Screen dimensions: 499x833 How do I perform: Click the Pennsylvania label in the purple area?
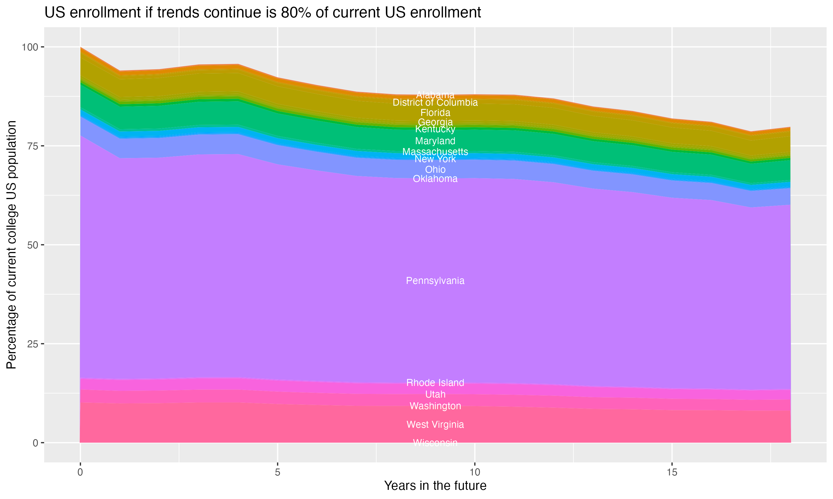point(435,281)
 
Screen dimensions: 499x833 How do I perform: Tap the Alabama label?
point(435,95)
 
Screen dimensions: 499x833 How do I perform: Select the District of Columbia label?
point(435,103)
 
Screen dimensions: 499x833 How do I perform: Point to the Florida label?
point(435,113)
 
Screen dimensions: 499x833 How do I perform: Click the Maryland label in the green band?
point(435,141)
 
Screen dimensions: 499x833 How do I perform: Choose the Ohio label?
point(435,169)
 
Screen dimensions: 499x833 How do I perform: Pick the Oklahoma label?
point(435,179)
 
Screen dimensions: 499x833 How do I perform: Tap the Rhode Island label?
point(435,383)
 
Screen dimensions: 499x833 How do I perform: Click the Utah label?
point(435,394)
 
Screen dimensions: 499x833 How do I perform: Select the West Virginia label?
point(435,425)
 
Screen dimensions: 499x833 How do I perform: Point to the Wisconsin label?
point(435,443)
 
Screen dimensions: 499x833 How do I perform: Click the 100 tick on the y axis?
point(30,47)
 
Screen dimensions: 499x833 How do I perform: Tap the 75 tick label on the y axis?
point(32,146)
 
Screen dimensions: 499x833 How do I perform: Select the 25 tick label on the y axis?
point(32,344)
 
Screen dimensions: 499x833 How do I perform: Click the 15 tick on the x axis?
point(672,472)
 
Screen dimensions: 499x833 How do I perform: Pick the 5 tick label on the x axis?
point(277,472)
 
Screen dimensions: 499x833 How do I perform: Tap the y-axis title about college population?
point(11,245)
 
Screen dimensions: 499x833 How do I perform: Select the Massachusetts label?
point(435,152)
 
